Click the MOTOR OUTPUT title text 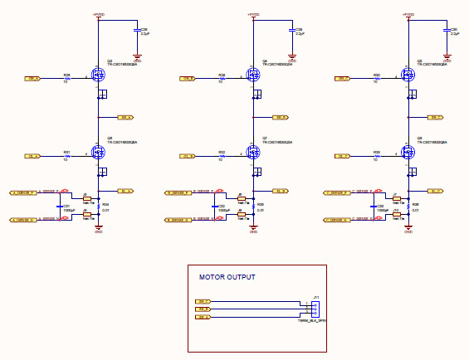tap(227, 277)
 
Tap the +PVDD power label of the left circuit tap(98, 15)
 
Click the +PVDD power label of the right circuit tap(408, 15)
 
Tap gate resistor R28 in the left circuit tap(66, 79)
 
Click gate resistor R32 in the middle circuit tap(222, 156)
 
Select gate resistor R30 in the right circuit tap(376, 79)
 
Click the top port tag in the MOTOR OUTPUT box tap(203, 300)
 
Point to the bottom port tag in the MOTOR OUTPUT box tap(203, 317)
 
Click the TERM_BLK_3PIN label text tap(312, 320)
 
